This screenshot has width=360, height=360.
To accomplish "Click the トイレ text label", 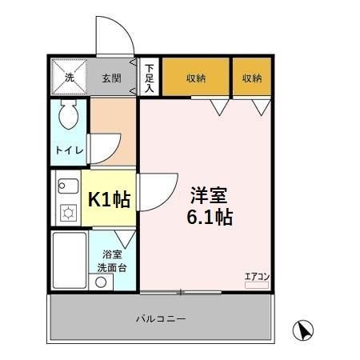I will point(67,150).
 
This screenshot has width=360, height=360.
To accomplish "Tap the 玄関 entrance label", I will point(110,78).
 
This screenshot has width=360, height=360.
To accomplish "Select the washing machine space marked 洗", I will point(69,78).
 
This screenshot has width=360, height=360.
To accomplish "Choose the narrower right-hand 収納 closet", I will point(252,78).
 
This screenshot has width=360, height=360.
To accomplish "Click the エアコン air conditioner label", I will point(257,276).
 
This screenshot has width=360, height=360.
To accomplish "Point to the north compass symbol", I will point(302,329).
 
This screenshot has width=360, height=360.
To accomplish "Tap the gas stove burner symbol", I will point(67,214).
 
